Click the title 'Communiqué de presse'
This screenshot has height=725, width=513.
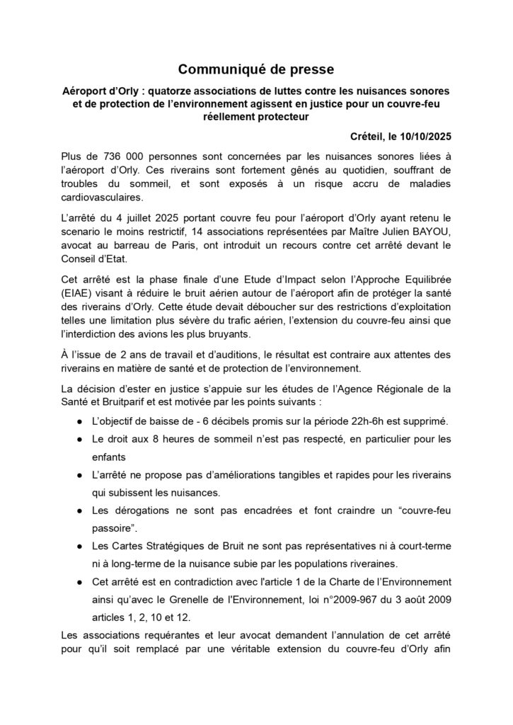pos(255,69)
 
